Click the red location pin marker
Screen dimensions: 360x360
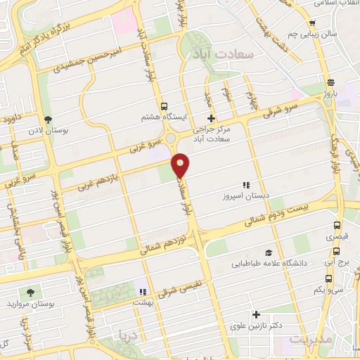tap(181, 165)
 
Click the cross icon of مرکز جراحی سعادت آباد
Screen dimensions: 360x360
tap(210, 117)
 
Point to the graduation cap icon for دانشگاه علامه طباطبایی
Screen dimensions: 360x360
tap(267, 253)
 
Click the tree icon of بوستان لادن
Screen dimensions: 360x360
tap(47, 120)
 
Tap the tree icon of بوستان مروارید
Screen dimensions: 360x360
tap(30, 291)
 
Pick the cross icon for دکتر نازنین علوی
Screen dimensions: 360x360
tap(256, 315)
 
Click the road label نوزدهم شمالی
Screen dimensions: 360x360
tap(165, 243)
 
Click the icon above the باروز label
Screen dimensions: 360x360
tap(330, 81)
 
